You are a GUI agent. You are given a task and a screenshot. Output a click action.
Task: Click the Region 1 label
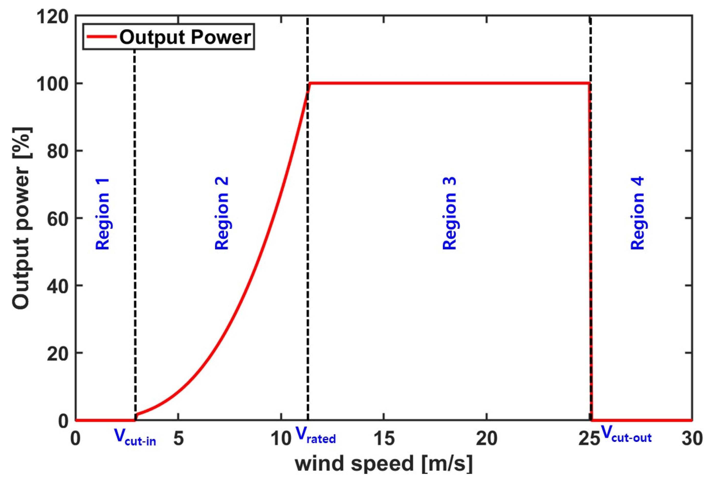103,214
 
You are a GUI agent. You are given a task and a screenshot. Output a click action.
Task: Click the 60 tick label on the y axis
58,218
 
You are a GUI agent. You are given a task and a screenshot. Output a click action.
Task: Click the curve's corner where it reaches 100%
310,83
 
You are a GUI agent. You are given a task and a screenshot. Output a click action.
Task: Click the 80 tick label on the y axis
58,151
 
